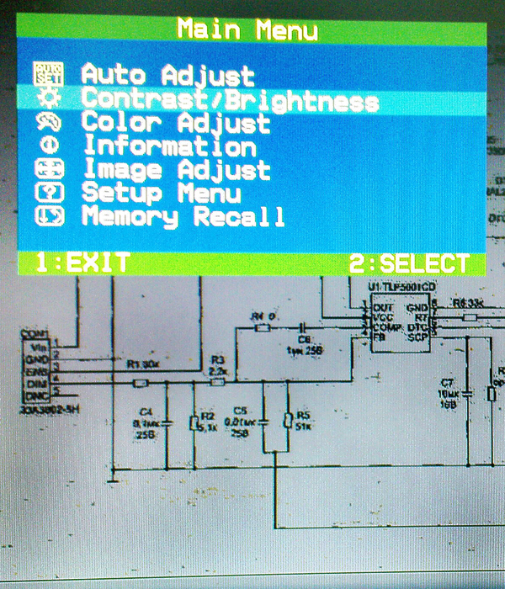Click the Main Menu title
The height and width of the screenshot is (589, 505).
coord(247,30)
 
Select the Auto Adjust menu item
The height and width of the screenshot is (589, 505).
coord(167,75)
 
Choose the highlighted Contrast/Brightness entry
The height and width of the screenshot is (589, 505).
coord(229,100)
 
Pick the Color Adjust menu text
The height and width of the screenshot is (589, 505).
coord(176,123)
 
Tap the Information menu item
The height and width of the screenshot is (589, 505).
coord(168,146)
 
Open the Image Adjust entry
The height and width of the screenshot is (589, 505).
coord(176,170)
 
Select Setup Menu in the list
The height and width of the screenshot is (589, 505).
coord(161,194)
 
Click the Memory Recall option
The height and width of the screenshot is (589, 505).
coord(183,217)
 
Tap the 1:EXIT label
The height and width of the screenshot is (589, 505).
coord(82,263)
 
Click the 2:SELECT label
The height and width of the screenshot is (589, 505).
coord(409,263)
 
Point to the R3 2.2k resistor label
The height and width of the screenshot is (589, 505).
coord(218,365)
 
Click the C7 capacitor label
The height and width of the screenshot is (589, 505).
coord(447,385)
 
